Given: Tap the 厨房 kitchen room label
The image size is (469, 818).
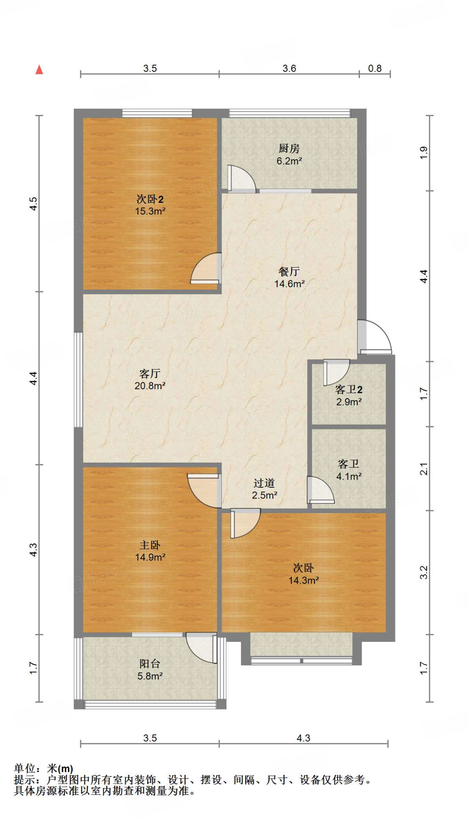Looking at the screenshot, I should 289,149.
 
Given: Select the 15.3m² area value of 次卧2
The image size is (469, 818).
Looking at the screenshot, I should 150,211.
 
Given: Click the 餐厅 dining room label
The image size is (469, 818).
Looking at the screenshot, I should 289,272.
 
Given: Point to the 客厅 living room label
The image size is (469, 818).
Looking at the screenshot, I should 150,373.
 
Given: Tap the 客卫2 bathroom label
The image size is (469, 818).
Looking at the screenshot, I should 349,389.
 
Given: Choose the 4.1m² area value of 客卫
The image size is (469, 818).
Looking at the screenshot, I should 349,476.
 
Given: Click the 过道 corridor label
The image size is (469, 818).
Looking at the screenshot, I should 264,483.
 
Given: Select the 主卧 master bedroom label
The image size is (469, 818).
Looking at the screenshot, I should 150,545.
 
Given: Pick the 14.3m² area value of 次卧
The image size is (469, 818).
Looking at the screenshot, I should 304,580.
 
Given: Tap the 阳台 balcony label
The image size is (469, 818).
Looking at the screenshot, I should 150,664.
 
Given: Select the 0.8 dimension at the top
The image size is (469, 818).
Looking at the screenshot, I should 375,68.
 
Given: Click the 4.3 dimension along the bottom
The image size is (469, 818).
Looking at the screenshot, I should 303,738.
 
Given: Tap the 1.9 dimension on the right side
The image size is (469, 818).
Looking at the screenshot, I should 424,153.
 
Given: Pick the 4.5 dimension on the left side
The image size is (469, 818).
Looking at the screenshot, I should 34,204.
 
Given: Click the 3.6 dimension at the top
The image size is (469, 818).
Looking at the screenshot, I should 289,68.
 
